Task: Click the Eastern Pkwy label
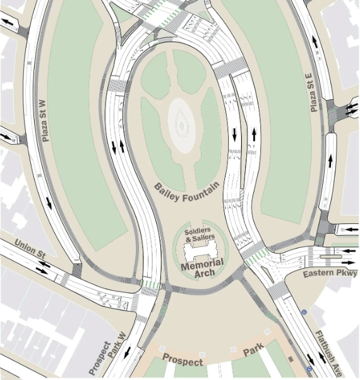(x=330, y=274)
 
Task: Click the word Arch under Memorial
(x=202, y=273)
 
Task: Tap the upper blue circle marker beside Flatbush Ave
(x=304, y=312)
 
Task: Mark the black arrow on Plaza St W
(x=49, y=203)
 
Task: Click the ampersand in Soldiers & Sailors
(x=188, y=237)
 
